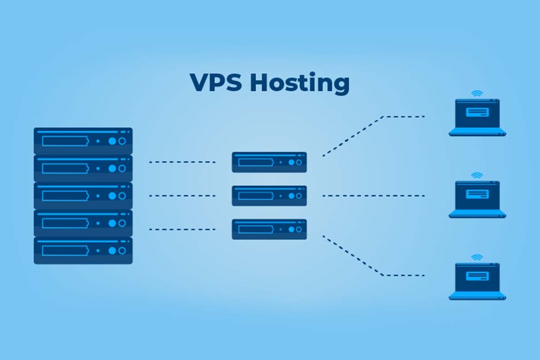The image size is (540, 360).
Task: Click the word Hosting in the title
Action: pos(299,84)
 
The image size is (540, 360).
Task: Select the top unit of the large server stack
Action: pos(83,141)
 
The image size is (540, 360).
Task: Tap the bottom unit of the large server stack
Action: pos(83,250)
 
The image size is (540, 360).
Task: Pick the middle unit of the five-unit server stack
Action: pos(83,195)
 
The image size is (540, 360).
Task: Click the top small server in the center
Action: pos(269,162)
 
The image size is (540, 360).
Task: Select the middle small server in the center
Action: pos(269,196)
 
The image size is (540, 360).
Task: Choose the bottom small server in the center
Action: pos(269,229)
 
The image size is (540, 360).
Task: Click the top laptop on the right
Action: pos(477,117)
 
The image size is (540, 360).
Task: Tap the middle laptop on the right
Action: pos(477,199)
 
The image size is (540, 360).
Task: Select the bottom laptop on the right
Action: pos(477,281)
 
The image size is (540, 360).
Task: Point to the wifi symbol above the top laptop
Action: pos(477,94)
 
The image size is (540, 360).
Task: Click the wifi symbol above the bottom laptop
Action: pos(477,257)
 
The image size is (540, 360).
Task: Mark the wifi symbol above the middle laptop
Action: pos(477,175)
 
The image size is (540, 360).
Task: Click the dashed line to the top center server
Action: pos(182,162)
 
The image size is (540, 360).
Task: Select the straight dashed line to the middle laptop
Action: pos(373,196)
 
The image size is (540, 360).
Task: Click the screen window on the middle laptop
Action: pos(477,194)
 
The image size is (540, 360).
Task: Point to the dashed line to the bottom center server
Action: pos(182,229)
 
